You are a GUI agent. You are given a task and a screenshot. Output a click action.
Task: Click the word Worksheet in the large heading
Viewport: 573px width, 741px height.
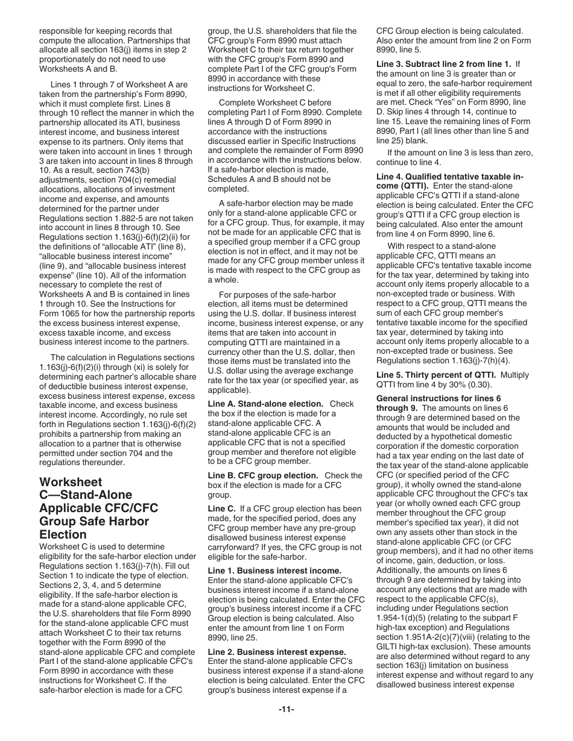[x=71, y=482]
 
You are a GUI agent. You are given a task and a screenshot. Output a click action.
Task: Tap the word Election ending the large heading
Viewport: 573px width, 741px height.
[x=63, y=534]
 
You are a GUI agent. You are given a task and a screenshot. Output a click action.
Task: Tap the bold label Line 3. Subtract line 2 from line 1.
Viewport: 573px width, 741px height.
[x=444, y=64]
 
